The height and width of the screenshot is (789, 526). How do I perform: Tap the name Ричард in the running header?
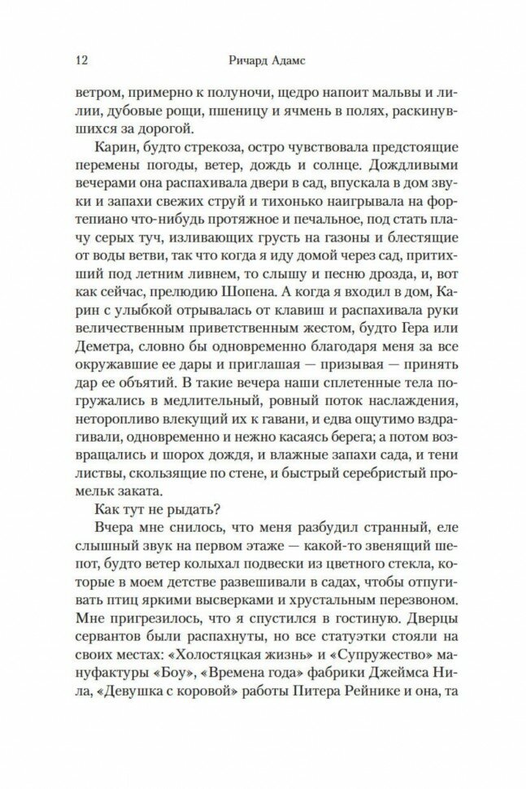[250, 61]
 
